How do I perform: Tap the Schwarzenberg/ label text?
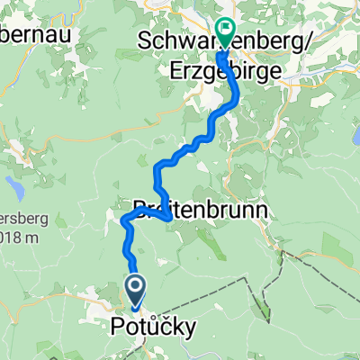211,41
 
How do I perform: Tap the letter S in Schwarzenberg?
146,41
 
